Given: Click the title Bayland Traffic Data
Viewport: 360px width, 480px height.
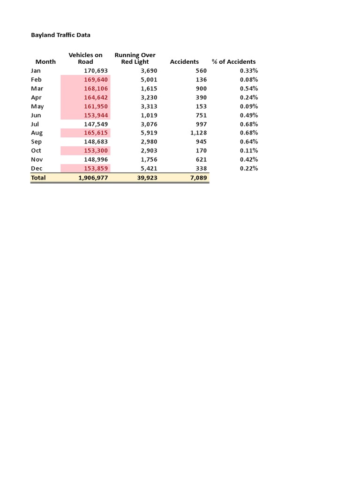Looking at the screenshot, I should click(x=60, y=35).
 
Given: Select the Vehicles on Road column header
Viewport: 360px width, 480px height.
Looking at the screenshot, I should click(x=85, y=58).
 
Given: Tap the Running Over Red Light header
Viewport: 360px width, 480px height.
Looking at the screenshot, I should click(x=135, y=58).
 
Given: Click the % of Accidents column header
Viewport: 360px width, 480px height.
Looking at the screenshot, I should click(x=233, y=61).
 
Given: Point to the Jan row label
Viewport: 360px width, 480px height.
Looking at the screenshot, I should click(x=36, y=71).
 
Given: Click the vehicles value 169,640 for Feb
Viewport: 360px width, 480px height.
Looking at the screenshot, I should click(x=96, y=80).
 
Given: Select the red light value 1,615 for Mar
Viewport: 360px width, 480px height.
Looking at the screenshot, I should click(x=149, y=89).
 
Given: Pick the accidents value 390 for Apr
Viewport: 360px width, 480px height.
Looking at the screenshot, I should click(x=201, y=97).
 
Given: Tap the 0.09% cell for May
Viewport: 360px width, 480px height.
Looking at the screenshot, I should click(x=249, y=106).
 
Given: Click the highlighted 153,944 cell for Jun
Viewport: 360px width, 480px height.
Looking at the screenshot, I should click(x=96, y=115).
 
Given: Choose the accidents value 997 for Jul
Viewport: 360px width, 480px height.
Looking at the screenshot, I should click(x=201, y=124).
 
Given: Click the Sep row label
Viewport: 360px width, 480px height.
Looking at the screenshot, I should click(x=36, y=142).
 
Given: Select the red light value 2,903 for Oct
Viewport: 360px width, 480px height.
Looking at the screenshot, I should click(x=149, y=150).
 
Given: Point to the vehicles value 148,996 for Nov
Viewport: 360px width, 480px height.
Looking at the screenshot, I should click(x=96, y=159).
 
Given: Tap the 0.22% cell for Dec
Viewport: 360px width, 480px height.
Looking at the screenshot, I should click(x=249, y=168).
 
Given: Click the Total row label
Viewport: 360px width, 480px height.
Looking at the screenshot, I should click(x=38, y=178).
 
